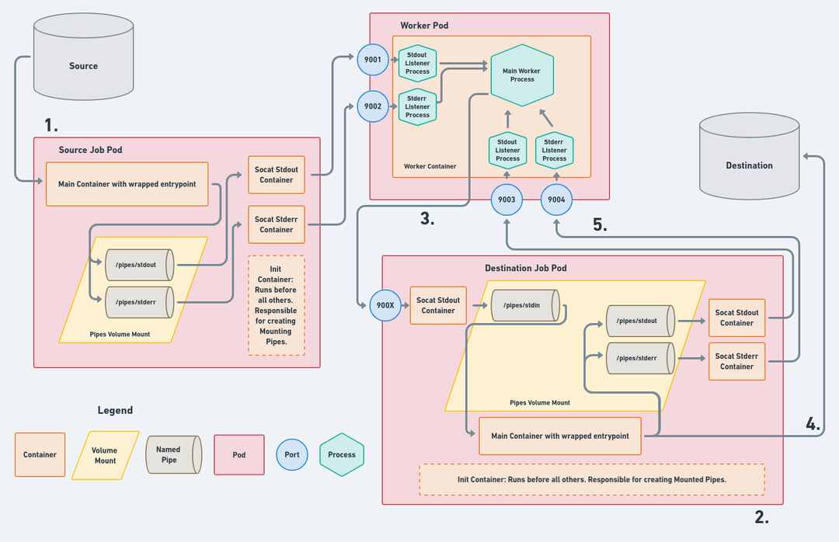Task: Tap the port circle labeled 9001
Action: pyautogui.click(x=373, y=60)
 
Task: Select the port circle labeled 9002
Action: pyautogui.click(x=373, y=106)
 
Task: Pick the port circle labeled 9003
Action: pyautogui.click(x=507, y=200)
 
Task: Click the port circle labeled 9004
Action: pyautogui.click(x=556, y=200)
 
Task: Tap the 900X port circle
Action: pyautogui.click(x=385, y=305)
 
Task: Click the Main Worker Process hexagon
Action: pyautogui.click(x=522, y=75)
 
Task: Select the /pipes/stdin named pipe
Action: pyautogui.click(x=524, y=305)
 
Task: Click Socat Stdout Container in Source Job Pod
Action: pyautogui.click(x=277, y=175)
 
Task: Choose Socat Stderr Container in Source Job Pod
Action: pyautogui.click(x=277, y=224)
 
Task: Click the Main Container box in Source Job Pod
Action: pyautogui.click(x=127, y=184)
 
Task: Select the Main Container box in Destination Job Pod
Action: pyautogui.click(x=560, y=436)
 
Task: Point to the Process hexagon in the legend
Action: pyautogui.click(x=342, y=454)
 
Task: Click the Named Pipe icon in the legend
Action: pyautogui.click(x=172, y=454)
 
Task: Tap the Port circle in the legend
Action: pyautogui.click(x=292, y=454)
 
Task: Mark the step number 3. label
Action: pyautogui.click(x=427, y=220)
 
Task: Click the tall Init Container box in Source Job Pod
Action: pyautogui.click(x=277, y=305)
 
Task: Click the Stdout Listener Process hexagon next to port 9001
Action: pyautogui.click(x=417, y=63)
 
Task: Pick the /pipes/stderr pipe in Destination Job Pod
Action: pyautogui.click(x=638, y=359)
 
